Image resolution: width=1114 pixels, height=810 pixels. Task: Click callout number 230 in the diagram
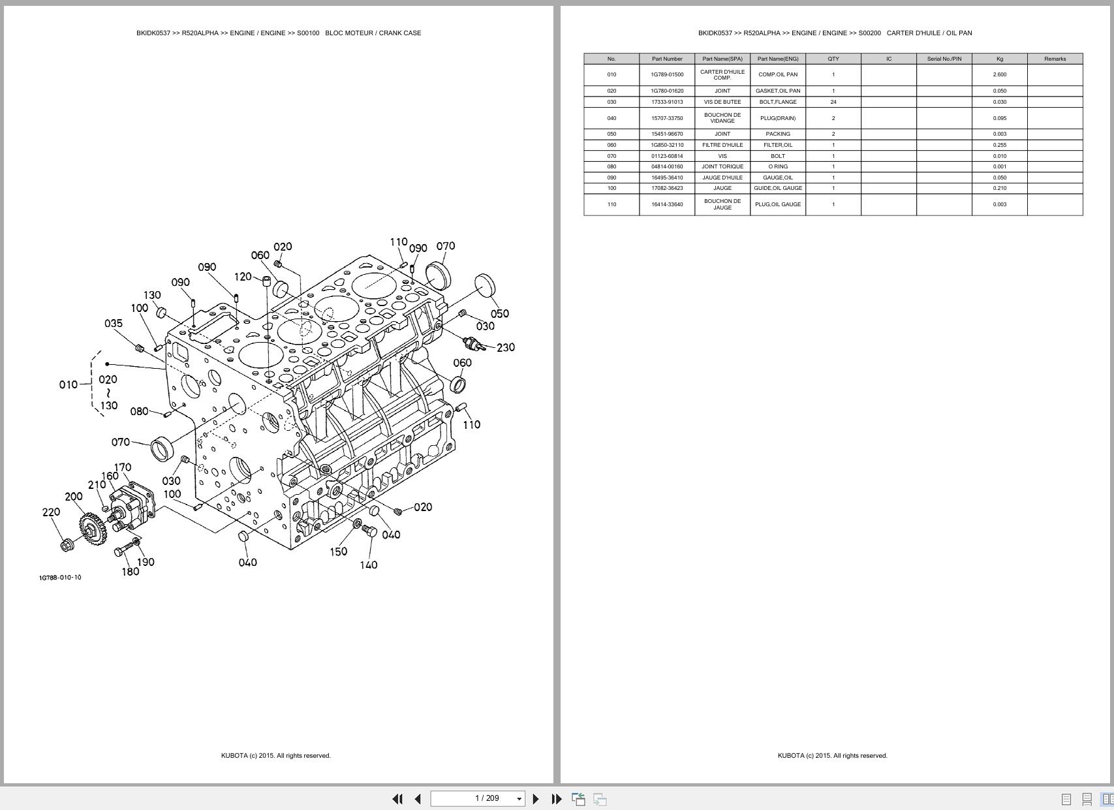coord(506,348)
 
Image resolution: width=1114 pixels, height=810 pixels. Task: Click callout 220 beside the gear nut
coord(51,512)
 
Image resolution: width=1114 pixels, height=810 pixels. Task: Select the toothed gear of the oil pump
coord(92,528)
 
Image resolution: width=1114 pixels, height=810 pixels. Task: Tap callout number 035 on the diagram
coord(114,324)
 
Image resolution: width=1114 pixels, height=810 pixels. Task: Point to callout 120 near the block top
coord(243,277)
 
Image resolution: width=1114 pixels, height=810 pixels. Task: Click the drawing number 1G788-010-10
coord(60,578)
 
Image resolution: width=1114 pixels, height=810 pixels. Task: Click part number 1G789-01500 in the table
coord(667,74)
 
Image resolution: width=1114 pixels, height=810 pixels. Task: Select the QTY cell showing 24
coord(833,102)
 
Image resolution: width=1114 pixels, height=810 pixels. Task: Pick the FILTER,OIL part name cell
coord(777,145)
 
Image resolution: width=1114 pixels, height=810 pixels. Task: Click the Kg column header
coord(999,59)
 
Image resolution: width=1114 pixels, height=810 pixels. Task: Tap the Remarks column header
coord(1055,59)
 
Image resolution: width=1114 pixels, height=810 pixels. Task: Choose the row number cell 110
coord(611,204)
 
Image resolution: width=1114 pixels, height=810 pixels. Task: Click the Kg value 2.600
coord(999,74)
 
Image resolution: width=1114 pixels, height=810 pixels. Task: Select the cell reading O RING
coord(777,166)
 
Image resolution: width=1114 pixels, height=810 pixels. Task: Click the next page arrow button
coord(536,799)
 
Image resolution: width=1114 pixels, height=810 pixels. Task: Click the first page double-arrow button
coord(397,799)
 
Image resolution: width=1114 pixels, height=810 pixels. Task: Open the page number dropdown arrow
coord(519,799)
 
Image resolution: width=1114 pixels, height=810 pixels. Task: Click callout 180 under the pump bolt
coord(131,572)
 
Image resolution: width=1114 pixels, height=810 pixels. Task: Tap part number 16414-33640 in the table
coord(667,204)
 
